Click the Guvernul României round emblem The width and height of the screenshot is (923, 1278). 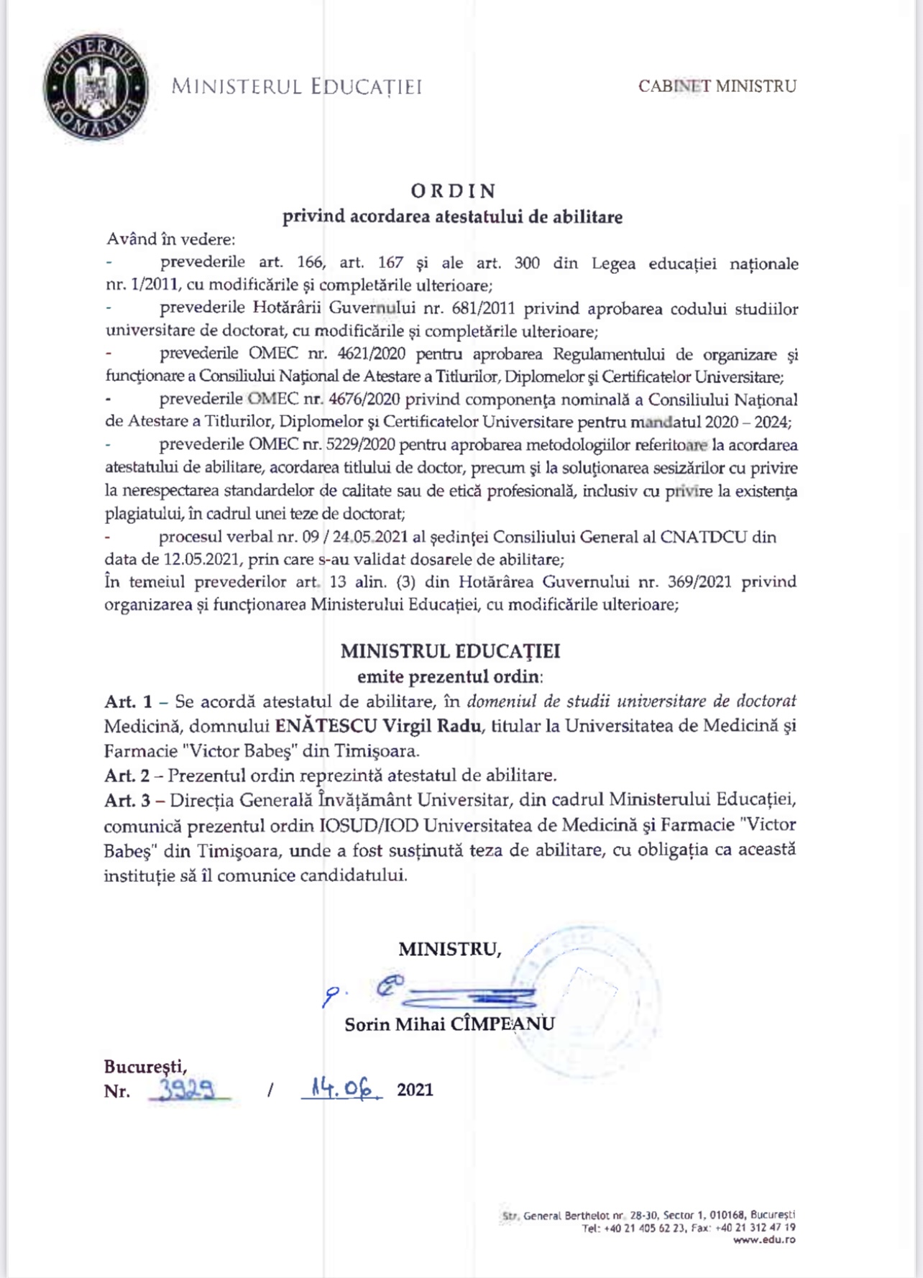96,88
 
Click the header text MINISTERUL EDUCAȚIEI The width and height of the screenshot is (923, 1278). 296,87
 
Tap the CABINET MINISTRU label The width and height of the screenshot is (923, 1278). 717,86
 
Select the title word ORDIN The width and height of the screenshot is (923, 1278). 453,191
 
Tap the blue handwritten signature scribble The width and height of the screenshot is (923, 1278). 460,996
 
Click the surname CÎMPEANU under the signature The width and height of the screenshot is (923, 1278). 502,1024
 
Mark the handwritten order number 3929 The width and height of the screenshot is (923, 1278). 188,1090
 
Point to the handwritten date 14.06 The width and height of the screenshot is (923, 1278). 341,1089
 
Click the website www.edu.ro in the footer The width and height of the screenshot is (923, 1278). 764,1240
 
